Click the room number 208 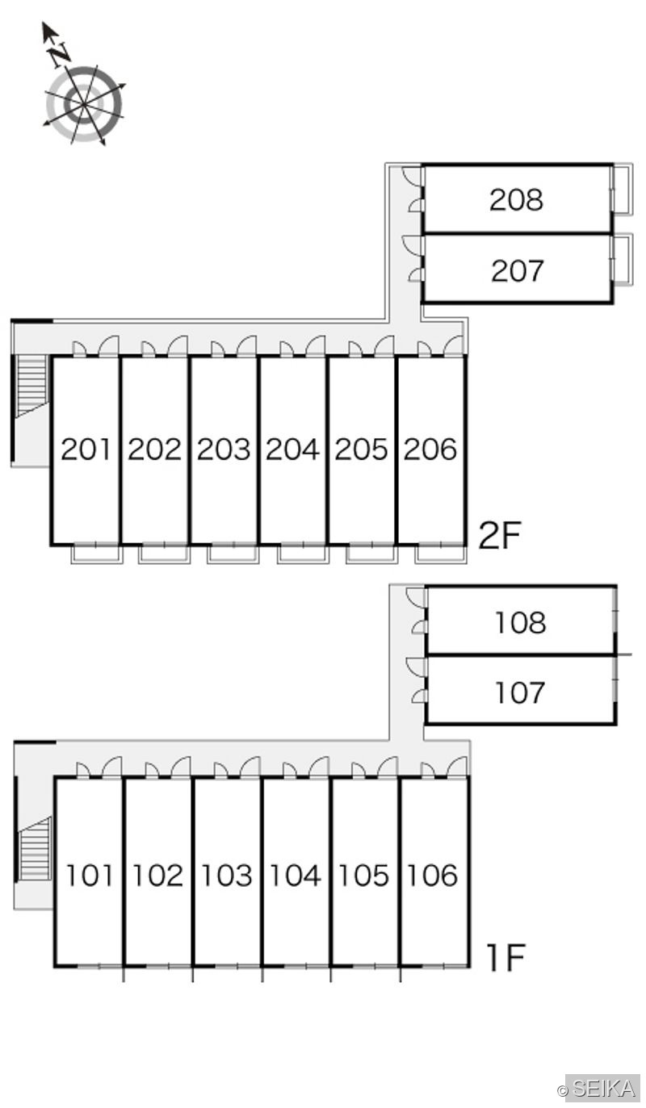point(516,200)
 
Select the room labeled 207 point(518,271)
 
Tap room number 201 point(85,449)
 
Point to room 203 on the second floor point(224,449)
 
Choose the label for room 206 point(430,449)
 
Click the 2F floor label point(500,536)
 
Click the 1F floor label point(505,958)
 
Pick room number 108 point(521,622)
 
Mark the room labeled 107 point(520,692)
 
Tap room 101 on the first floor point(90,875)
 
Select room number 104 point(296,875)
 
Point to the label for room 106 point(432,875)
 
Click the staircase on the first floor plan point(35,849)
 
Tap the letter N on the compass point(60,53)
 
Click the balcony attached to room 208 point(623,190)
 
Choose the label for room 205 point(362,449)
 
